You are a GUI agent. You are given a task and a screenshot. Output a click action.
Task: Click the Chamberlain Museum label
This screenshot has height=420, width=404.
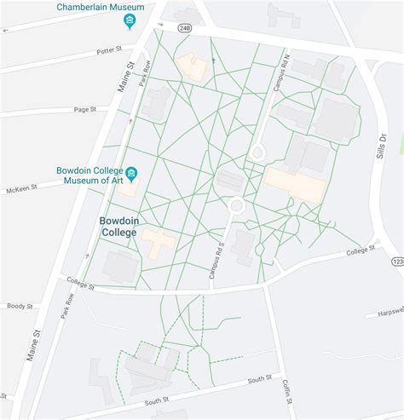(100, 7)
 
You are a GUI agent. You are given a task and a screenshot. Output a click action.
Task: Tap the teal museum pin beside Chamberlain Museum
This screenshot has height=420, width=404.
(129, 21)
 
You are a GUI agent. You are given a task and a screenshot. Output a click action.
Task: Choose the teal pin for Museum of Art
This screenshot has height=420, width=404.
(131, 174)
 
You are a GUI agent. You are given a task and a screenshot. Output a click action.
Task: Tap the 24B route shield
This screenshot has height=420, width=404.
(185, 28)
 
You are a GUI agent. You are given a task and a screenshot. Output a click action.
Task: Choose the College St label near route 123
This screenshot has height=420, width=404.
(362, 251)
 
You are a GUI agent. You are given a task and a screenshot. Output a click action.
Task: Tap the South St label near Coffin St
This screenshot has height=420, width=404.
(259, 377)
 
